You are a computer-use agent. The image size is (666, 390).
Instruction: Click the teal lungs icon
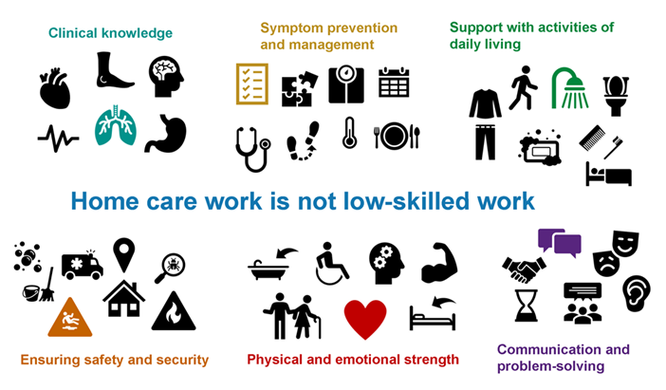tap(116, 126)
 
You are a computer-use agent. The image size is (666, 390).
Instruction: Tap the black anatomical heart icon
tap(54, 88)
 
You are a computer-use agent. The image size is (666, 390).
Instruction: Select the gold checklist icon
tap(252, 84)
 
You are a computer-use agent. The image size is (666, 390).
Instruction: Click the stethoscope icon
tap(253, 149)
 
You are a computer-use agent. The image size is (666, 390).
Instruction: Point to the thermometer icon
tap(349, 133)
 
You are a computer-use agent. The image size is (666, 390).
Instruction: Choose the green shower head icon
tap(570, 88)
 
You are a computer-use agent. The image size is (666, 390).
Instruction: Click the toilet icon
tap(616, 96)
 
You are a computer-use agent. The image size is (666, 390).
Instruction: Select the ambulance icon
tap(82, 265)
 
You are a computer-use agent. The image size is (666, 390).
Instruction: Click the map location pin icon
tap(124, 255)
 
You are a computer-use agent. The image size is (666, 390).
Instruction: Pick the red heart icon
tap(365, 319)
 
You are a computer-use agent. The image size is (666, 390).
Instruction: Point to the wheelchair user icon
tap(332, 264)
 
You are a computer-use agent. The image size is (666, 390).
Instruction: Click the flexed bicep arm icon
tap(439, 263)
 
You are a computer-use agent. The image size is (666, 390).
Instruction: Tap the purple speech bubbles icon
tap(560, 243)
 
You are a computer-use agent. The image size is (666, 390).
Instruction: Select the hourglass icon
tap(526, 306)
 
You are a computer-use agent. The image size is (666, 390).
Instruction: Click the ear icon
tap(636, 292)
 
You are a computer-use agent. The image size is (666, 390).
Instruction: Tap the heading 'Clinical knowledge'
tap(110, 33)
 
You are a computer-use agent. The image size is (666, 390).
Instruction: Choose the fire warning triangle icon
tap(174, 311)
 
